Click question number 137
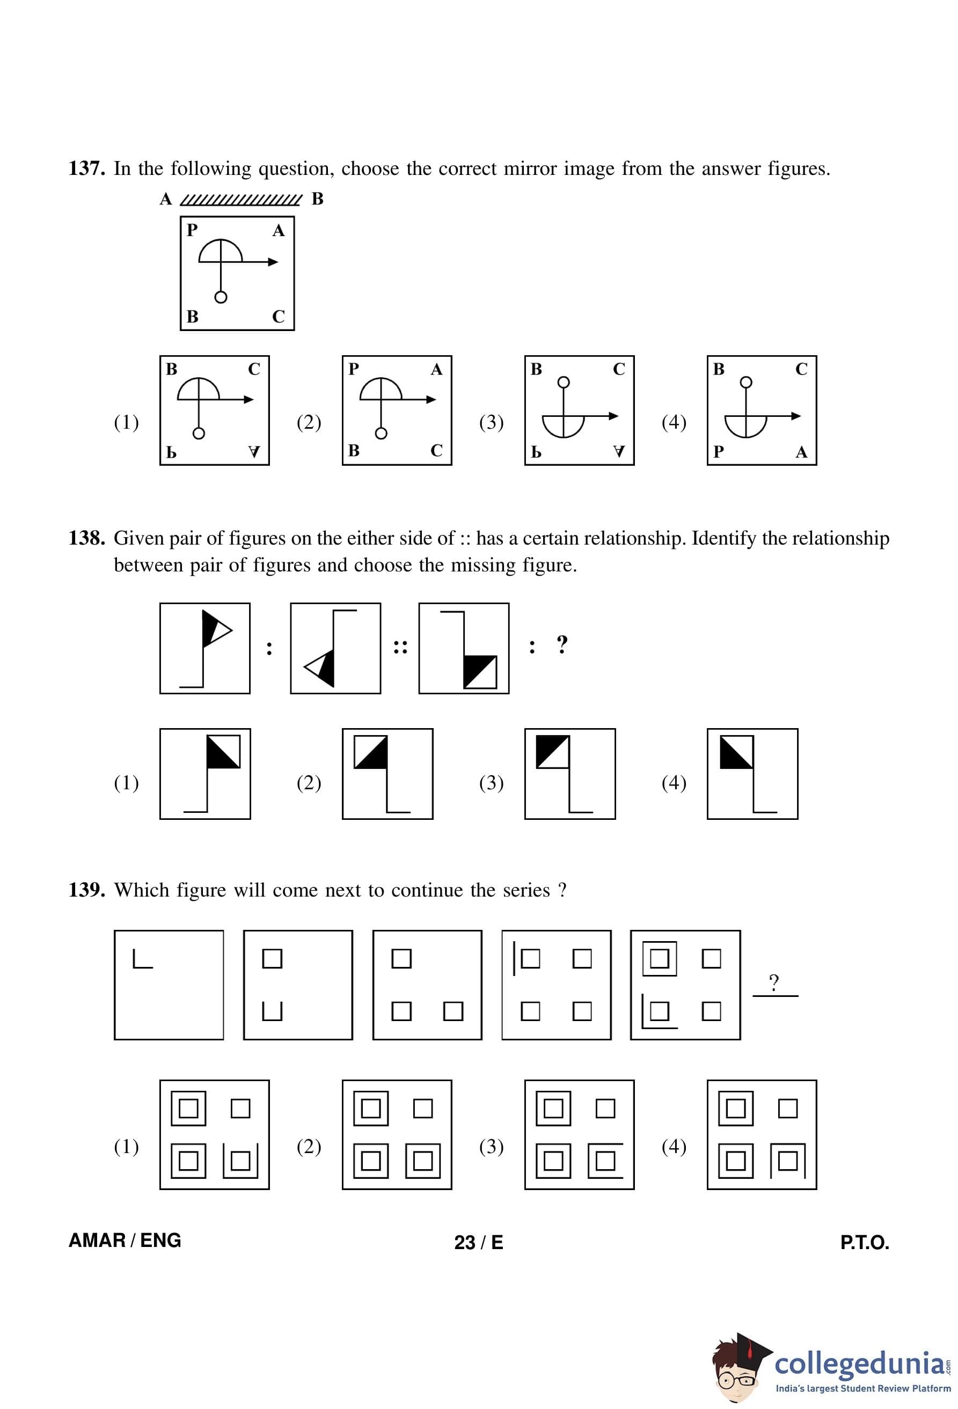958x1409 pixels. [x=87, y=168]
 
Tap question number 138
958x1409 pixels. [x=87, y=538]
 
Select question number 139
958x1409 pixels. [x=87, y=890]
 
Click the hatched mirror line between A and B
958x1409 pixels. [x=241, y=200]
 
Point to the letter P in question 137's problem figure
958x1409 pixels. [x=192, y=230]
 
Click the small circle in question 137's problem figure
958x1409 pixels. [x=221, y=297]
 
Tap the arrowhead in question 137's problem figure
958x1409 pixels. [x=273, y=262]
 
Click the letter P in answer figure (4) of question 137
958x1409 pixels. [x=719, y=452]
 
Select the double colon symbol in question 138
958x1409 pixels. [x=400, y=647]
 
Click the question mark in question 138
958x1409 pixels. [x=562, y=644]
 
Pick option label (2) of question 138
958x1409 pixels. [x=309, y=783]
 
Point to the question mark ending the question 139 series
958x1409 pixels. [x=774, y=981]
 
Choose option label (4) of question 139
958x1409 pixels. [x=674, y=1147]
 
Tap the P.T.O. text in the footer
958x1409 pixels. [x=865, y=1242]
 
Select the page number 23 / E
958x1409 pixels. [x=478, y=1242]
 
